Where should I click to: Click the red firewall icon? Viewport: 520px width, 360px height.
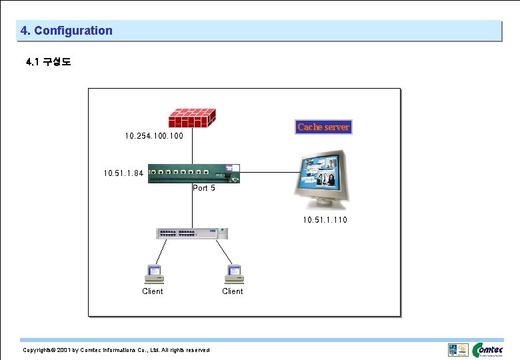tap(192, 119)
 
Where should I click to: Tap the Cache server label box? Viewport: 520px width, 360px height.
tap(323, 127)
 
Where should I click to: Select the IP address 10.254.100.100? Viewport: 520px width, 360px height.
tap(154, 136)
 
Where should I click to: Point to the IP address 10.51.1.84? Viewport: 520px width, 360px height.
tap(123, 173)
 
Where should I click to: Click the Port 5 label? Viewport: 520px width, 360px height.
tap(204, 188)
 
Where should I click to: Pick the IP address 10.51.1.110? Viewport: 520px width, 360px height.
tap(325, 219)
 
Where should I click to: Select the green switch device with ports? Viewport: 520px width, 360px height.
tap(193, 173)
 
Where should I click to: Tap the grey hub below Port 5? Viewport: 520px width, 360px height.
tap(192, 233)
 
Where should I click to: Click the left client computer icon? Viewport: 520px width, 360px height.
tap(153, 274)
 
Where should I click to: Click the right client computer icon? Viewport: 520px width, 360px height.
tap(233, 274)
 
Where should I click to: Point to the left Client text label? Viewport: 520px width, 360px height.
tap(153, 291)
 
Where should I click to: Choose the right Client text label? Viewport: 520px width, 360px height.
tap(233, 291)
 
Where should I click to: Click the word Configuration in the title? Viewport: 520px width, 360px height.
tap(73, 31)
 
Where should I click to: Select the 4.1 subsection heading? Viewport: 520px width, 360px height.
tap(49, 62)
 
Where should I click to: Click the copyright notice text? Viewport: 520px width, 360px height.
tap(116, 350)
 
